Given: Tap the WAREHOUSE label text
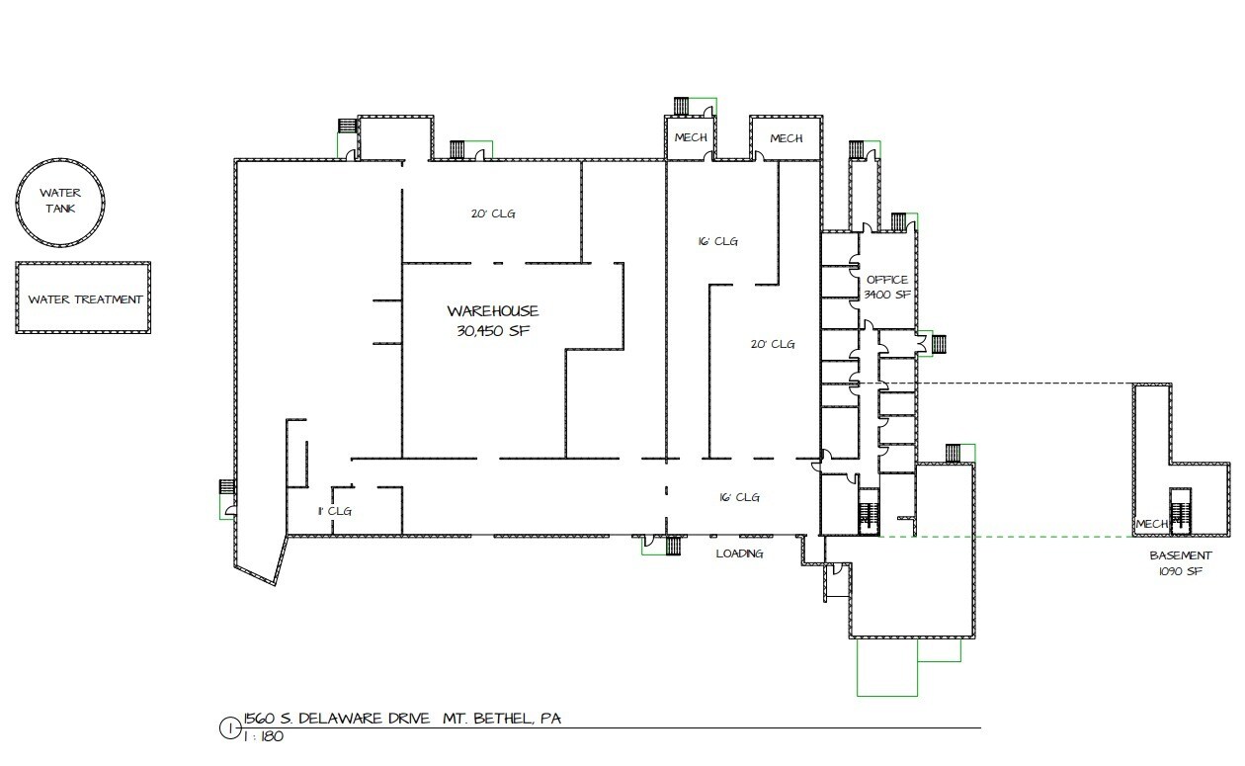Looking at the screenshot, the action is tap(493, 310).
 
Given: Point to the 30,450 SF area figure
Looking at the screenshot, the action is tap(493, 331).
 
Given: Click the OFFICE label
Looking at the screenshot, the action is tap(887, 280).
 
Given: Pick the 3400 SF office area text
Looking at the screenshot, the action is tap(887, 295).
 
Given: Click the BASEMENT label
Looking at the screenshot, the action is tap(1181, 555).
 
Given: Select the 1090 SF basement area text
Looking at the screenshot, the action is tap(1181, 571).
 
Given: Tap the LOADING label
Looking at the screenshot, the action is tap(739, 553).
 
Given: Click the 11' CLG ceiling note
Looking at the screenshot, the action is tap(335, 511).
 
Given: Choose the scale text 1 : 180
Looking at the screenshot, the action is tap(264, 736).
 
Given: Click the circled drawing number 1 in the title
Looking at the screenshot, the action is tap(229, 728).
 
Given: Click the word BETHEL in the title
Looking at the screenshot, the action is tap(504, 719).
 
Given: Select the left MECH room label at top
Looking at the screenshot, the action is tap(691, 137).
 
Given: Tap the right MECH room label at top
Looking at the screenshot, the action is tap(787, 138).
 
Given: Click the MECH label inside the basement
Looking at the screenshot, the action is tap(1152, 524).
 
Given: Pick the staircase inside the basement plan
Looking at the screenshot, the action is tap(1180, 512).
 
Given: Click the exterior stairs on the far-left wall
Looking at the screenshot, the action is tap(227, 487).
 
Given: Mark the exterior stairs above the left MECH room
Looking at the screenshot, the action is tap(682, 106).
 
